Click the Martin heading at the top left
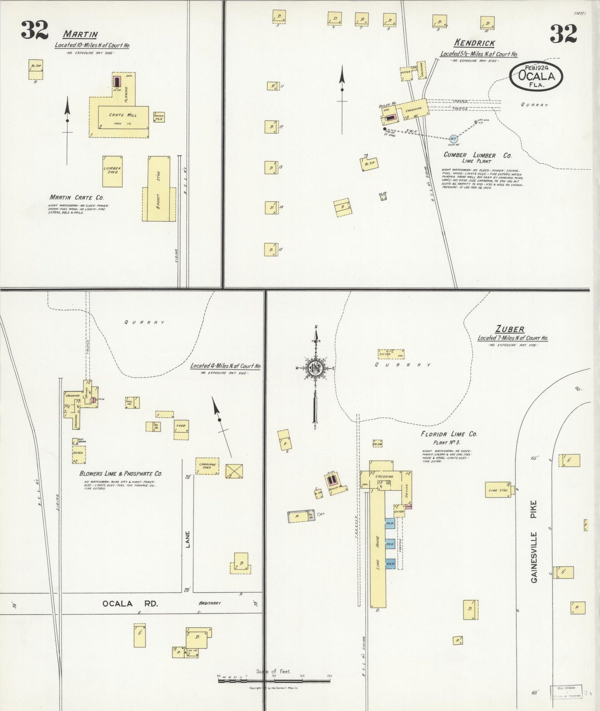pyautogui.click(x=80, y=34)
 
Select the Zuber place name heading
pyautogui.click(x=510, y=329)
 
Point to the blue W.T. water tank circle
pyautogui.click(x=453, y=139)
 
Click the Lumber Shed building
pyautogui.click(x=113, y=171)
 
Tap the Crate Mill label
pyautogui.click(x=123, y=115)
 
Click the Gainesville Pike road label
pyautogui.click(x=534, y=541)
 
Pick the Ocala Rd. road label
pyautogui.click(x=130, y=604)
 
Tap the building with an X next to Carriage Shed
pyautogui.click(x=234, y=471)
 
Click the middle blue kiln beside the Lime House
pyautogui.click(x=390, y=543)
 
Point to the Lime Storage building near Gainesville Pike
pyautogui.click(x=498, y=489)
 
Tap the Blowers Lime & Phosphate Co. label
pyautogui.click(x=120, y=473)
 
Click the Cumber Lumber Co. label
pyautogui.click(x=478, y=155)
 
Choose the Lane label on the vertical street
pyautogui.click(x=188, y=540)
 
